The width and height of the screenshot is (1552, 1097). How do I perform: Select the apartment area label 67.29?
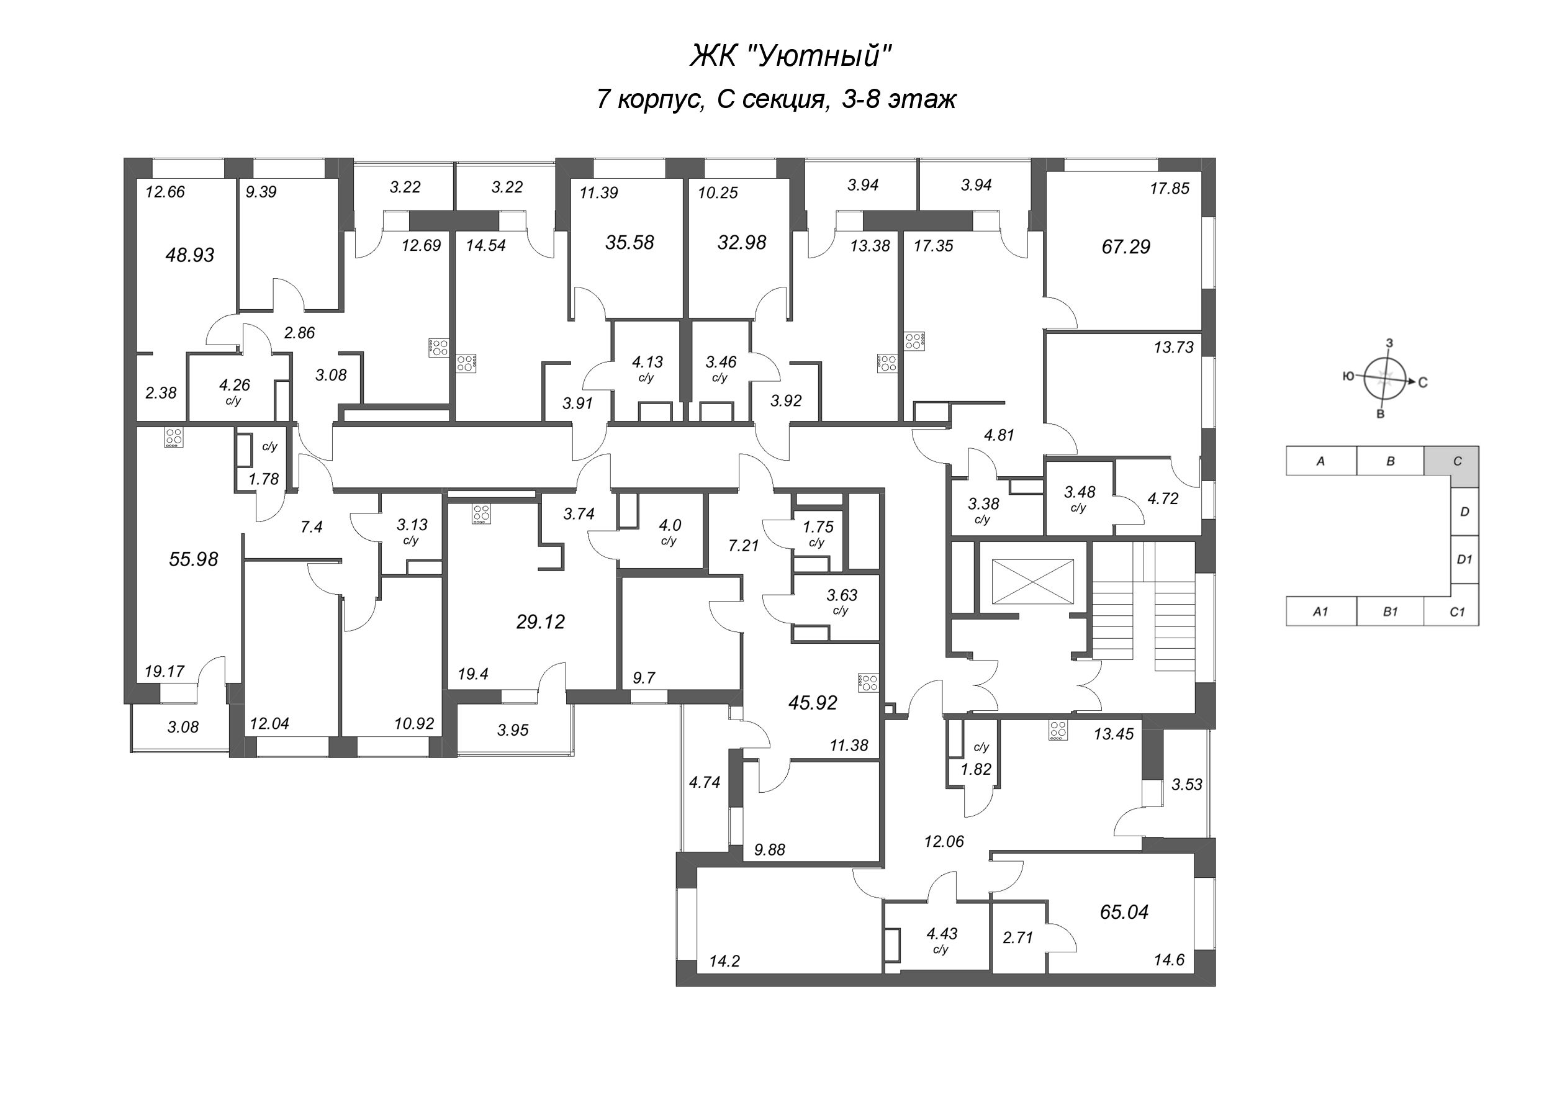point(1126,246)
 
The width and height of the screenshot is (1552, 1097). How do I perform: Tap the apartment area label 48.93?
point(189,255)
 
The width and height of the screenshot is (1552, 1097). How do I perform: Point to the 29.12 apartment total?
point(540,622)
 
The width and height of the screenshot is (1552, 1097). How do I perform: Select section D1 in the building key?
point(1464,559)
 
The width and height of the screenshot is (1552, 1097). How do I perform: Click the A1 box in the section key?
point(1320,611)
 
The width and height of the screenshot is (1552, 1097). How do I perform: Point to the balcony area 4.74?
point(705,782)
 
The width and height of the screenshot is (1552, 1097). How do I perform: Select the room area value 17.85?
point(1170,189)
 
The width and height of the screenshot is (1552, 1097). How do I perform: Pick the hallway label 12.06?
point(944,841)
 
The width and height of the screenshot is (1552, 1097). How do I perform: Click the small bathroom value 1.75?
point(818,526)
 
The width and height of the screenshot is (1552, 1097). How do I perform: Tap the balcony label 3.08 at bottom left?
point(183,727)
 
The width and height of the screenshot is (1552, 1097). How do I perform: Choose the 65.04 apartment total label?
point(1124,913)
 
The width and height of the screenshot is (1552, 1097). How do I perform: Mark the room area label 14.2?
point(724,960)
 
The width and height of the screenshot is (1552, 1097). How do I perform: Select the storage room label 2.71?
point(1017,937)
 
